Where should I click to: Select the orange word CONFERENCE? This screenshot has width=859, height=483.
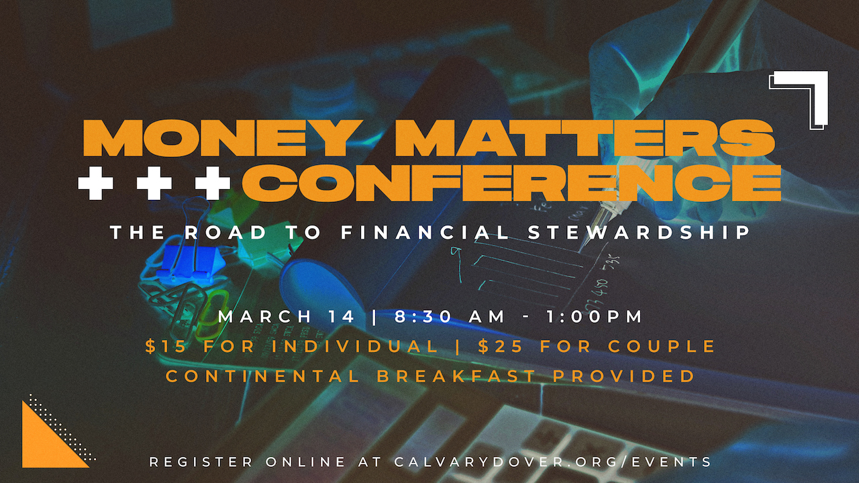click(x=512, y=180)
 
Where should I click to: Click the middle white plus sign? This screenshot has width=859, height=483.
click(x=154, y=180)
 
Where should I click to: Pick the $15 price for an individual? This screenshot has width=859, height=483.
click(x=161, y=347)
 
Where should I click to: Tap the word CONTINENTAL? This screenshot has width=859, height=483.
click(x=262, y=376)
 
